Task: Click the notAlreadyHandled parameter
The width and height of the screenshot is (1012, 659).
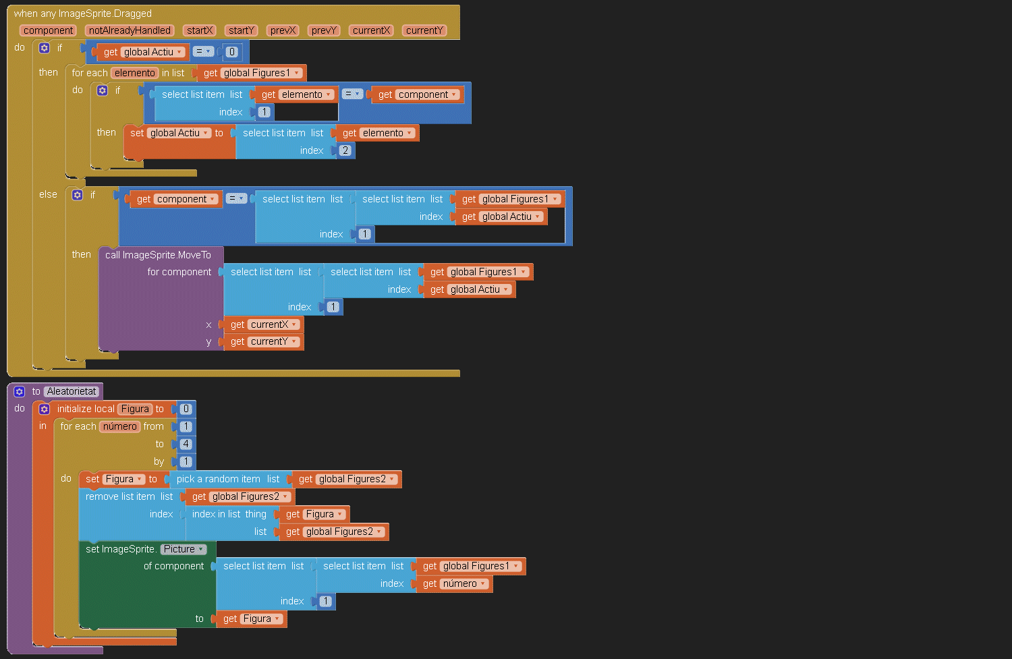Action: point(130,30)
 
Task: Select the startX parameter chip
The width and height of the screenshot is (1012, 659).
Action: point(200,30)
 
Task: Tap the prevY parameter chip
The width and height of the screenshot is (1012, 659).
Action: point(324,30)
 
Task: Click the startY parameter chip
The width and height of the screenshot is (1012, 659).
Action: point(241,30)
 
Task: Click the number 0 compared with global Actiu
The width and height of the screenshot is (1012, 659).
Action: point(232,52)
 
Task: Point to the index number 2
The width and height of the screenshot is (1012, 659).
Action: point(345,150)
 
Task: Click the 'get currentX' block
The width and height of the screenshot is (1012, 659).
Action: point(264,324)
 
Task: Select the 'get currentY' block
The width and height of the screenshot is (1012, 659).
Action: point(264,342)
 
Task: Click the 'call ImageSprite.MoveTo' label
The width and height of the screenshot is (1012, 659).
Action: point(158,255)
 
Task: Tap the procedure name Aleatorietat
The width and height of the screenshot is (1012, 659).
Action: point(72,391)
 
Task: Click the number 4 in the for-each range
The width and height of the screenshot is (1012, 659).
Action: point(186,444)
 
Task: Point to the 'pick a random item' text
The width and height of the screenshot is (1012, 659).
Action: point(218,479)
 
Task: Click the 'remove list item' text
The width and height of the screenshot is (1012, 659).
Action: point(120,496)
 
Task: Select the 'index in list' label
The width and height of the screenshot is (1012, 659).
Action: point(216,514)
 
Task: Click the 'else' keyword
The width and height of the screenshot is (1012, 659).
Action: point(48,194)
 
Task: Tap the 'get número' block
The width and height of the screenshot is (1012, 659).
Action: point(454,584)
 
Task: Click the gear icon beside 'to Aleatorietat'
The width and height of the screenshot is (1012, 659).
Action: point(20,391)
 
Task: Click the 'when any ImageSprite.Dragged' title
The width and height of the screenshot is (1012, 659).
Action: point(82,13)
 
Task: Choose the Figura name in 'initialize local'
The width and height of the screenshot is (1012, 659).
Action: point(135,409)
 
